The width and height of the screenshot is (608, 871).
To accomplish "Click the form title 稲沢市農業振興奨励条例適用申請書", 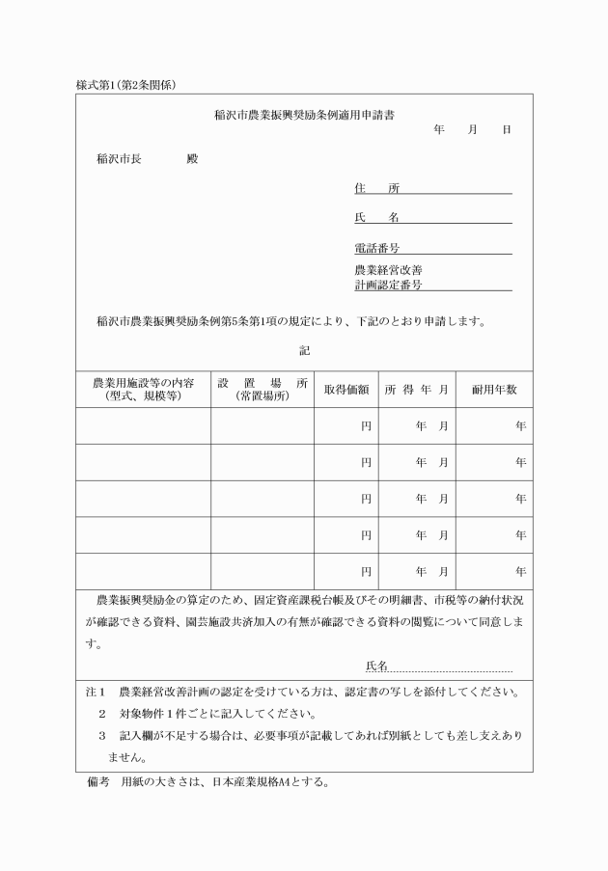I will (304, 115).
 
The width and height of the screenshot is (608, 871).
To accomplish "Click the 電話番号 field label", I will (376, 249).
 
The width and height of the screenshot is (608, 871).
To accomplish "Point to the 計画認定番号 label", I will (388, 286).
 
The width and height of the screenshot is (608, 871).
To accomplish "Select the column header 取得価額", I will (346, 390).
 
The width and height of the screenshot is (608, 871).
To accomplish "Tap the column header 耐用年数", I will (494, 390).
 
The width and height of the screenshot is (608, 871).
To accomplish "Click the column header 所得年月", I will (417, 390).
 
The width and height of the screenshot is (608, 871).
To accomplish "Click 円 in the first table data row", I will (366, 425).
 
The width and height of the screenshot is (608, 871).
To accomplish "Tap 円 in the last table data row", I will (366, 572).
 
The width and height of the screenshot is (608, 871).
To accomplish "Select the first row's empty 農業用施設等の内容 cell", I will (143, 425).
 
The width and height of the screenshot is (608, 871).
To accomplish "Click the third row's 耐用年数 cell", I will (494, 499).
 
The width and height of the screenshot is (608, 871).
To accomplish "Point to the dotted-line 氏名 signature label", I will (376, 667).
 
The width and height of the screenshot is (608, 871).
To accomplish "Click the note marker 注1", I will (94, 693).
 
